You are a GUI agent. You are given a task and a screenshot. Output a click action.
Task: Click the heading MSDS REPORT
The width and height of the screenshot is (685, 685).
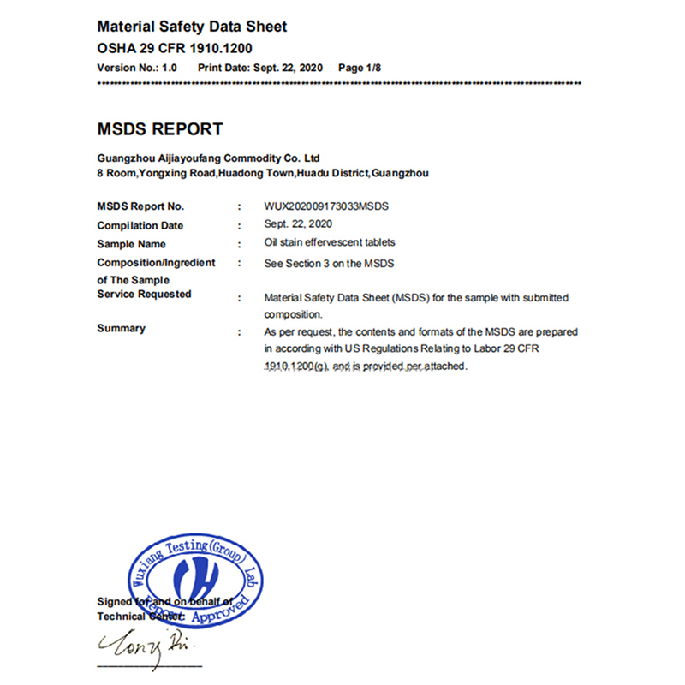160,130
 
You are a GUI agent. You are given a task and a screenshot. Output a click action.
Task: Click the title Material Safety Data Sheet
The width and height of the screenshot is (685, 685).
192,27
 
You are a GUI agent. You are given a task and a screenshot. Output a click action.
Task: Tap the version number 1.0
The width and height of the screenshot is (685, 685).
169,66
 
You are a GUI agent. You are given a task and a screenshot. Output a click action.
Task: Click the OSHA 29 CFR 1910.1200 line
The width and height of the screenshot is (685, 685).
175,48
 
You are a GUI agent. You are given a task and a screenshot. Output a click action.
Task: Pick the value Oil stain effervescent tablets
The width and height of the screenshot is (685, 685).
330,243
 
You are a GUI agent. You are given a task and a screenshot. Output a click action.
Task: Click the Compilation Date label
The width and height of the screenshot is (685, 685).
140,226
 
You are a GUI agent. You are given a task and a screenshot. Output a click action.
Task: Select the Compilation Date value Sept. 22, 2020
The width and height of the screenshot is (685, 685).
295,225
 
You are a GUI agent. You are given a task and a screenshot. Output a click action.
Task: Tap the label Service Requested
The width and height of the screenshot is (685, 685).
144,295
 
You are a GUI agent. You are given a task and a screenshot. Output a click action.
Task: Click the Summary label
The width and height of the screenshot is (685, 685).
122,329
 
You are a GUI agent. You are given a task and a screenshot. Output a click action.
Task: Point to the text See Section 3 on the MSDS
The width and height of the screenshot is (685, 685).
330,263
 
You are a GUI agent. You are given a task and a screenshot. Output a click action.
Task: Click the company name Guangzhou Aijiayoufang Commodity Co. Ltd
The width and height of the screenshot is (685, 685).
208,158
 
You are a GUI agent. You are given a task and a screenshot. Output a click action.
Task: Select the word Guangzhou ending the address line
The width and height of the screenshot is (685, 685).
401,173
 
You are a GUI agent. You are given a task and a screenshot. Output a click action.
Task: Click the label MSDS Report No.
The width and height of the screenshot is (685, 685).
140,206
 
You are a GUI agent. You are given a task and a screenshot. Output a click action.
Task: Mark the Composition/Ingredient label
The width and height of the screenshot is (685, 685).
156,263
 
